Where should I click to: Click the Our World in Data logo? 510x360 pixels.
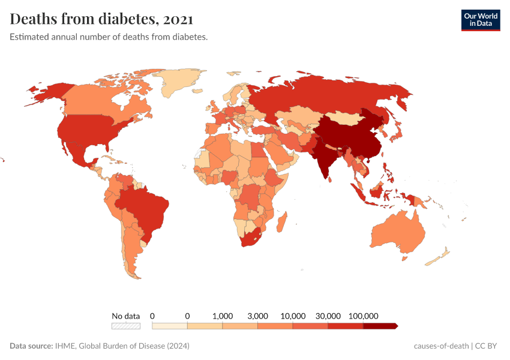tap(480, 20)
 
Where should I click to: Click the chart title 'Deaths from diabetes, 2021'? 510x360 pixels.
tap(101, 19)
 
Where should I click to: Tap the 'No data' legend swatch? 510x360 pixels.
tap(126, 326)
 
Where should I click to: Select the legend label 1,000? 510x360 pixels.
tap(223, 316)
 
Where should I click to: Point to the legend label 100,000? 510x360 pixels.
tap(363, 316)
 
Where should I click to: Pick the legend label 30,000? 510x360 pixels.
tap(328, 316)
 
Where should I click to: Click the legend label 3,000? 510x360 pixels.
tap(257, 316)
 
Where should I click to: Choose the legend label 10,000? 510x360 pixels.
tap(293, 316)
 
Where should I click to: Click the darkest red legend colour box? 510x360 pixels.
tap(380, 326)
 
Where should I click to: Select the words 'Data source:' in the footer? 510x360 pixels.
tap(31, 346)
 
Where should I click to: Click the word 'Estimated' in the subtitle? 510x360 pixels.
tap(28, 37)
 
